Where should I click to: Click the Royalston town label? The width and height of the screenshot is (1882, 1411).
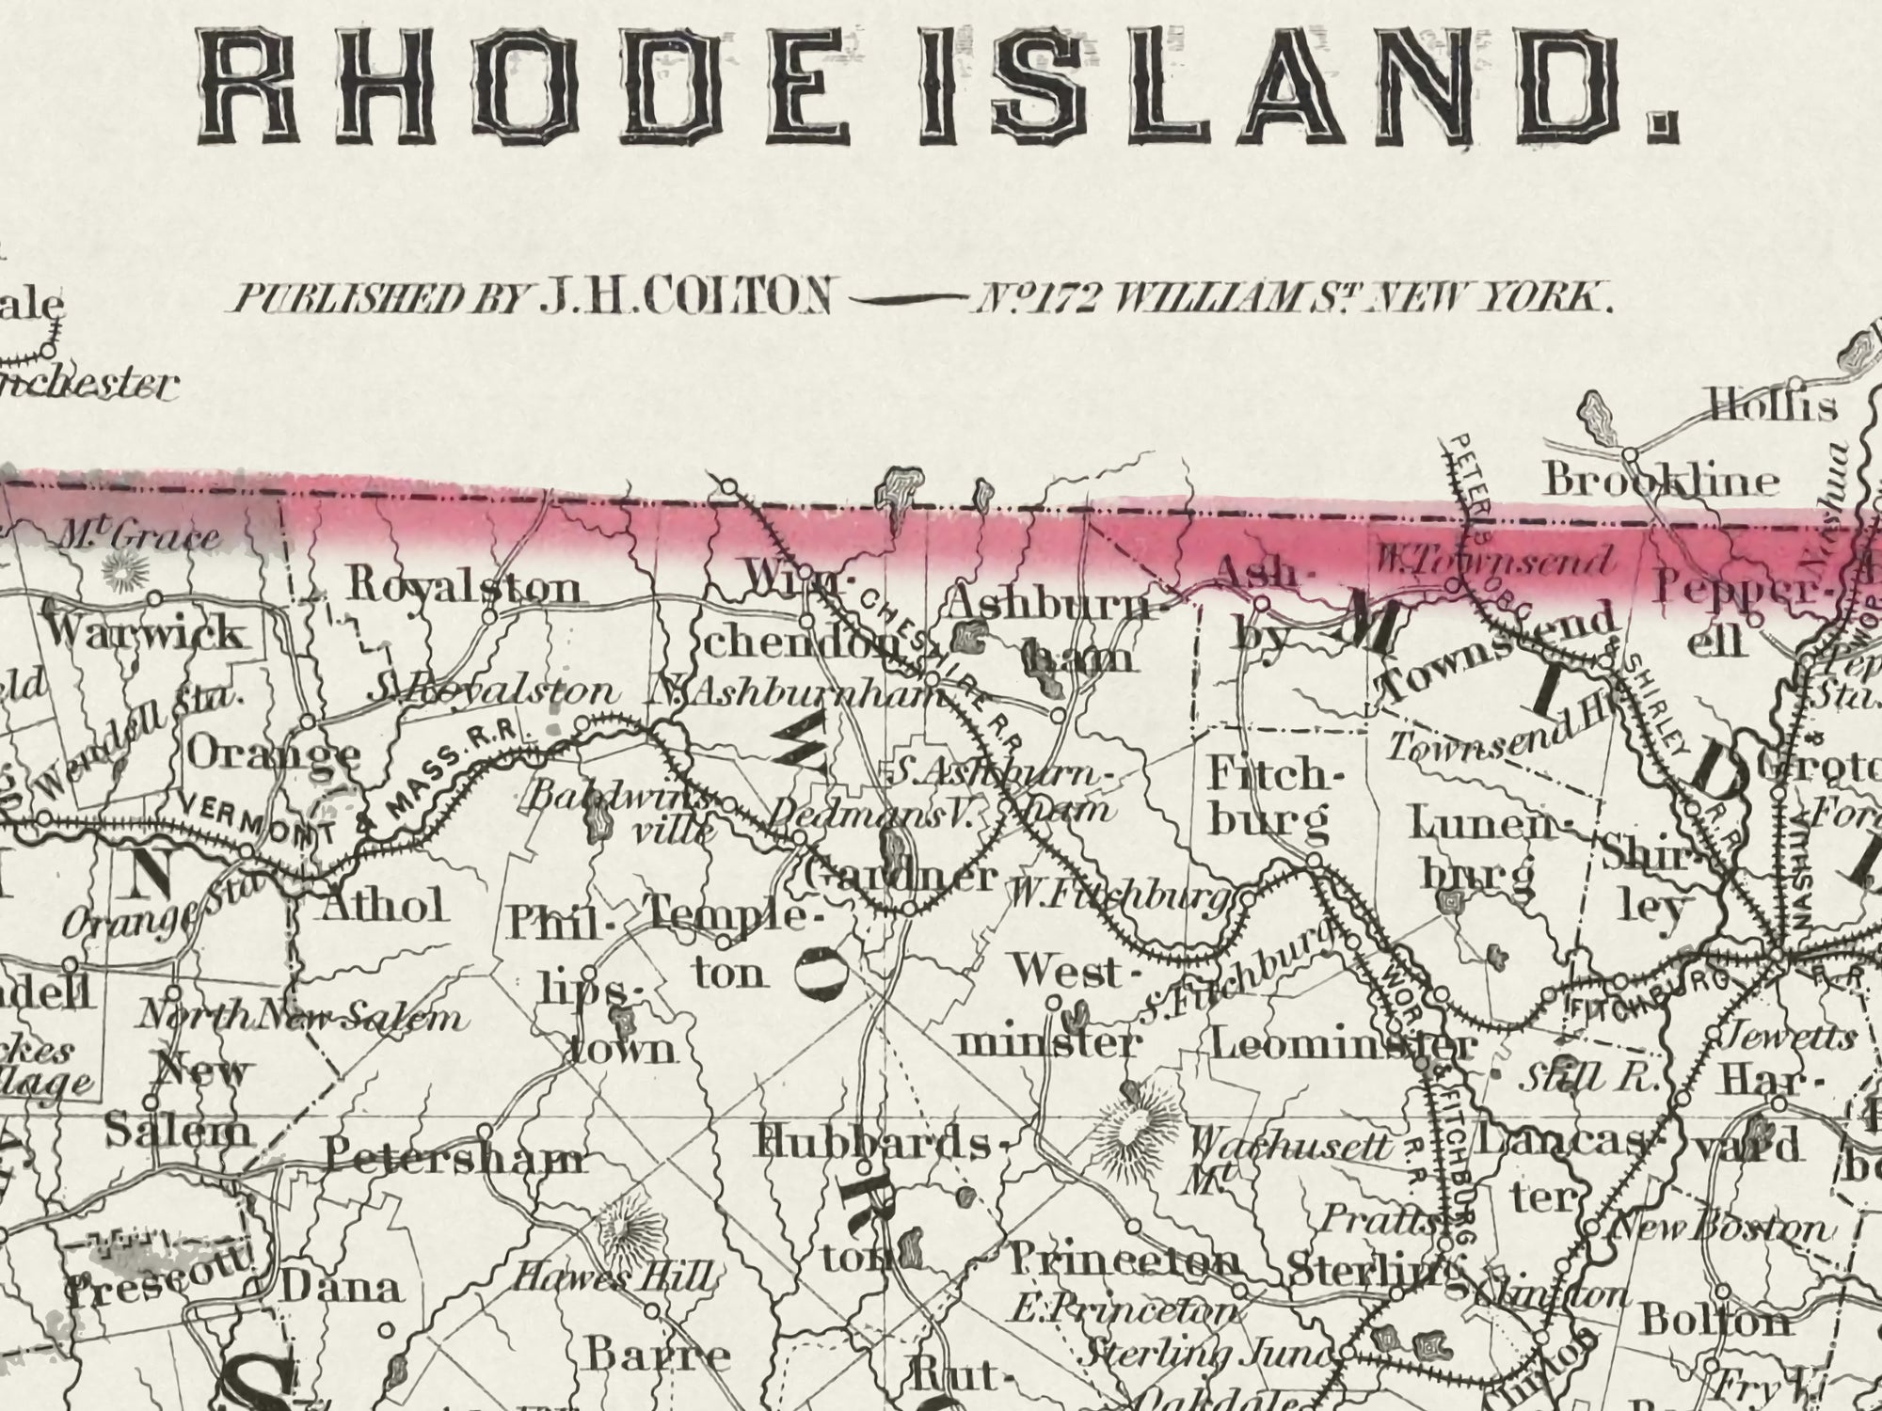point(464,587)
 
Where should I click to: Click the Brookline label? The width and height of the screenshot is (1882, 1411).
point(1661,481)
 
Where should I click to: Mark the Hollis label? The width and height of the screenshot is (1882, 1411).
point(1773,406)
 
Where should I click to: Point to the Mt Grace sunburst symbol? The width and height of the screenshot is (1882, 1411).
point(121,568)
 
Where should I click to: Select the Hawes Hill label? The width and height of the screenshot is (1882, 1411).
point(612,1277)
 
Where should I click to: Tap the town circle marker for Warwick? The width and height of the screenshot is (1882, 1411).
point(154,598)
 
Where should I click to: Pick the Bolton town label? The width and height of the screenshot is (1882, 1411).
point(1715,1322)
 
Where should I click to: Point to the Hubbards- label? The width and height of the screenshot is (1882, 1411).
point(873,1144)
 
